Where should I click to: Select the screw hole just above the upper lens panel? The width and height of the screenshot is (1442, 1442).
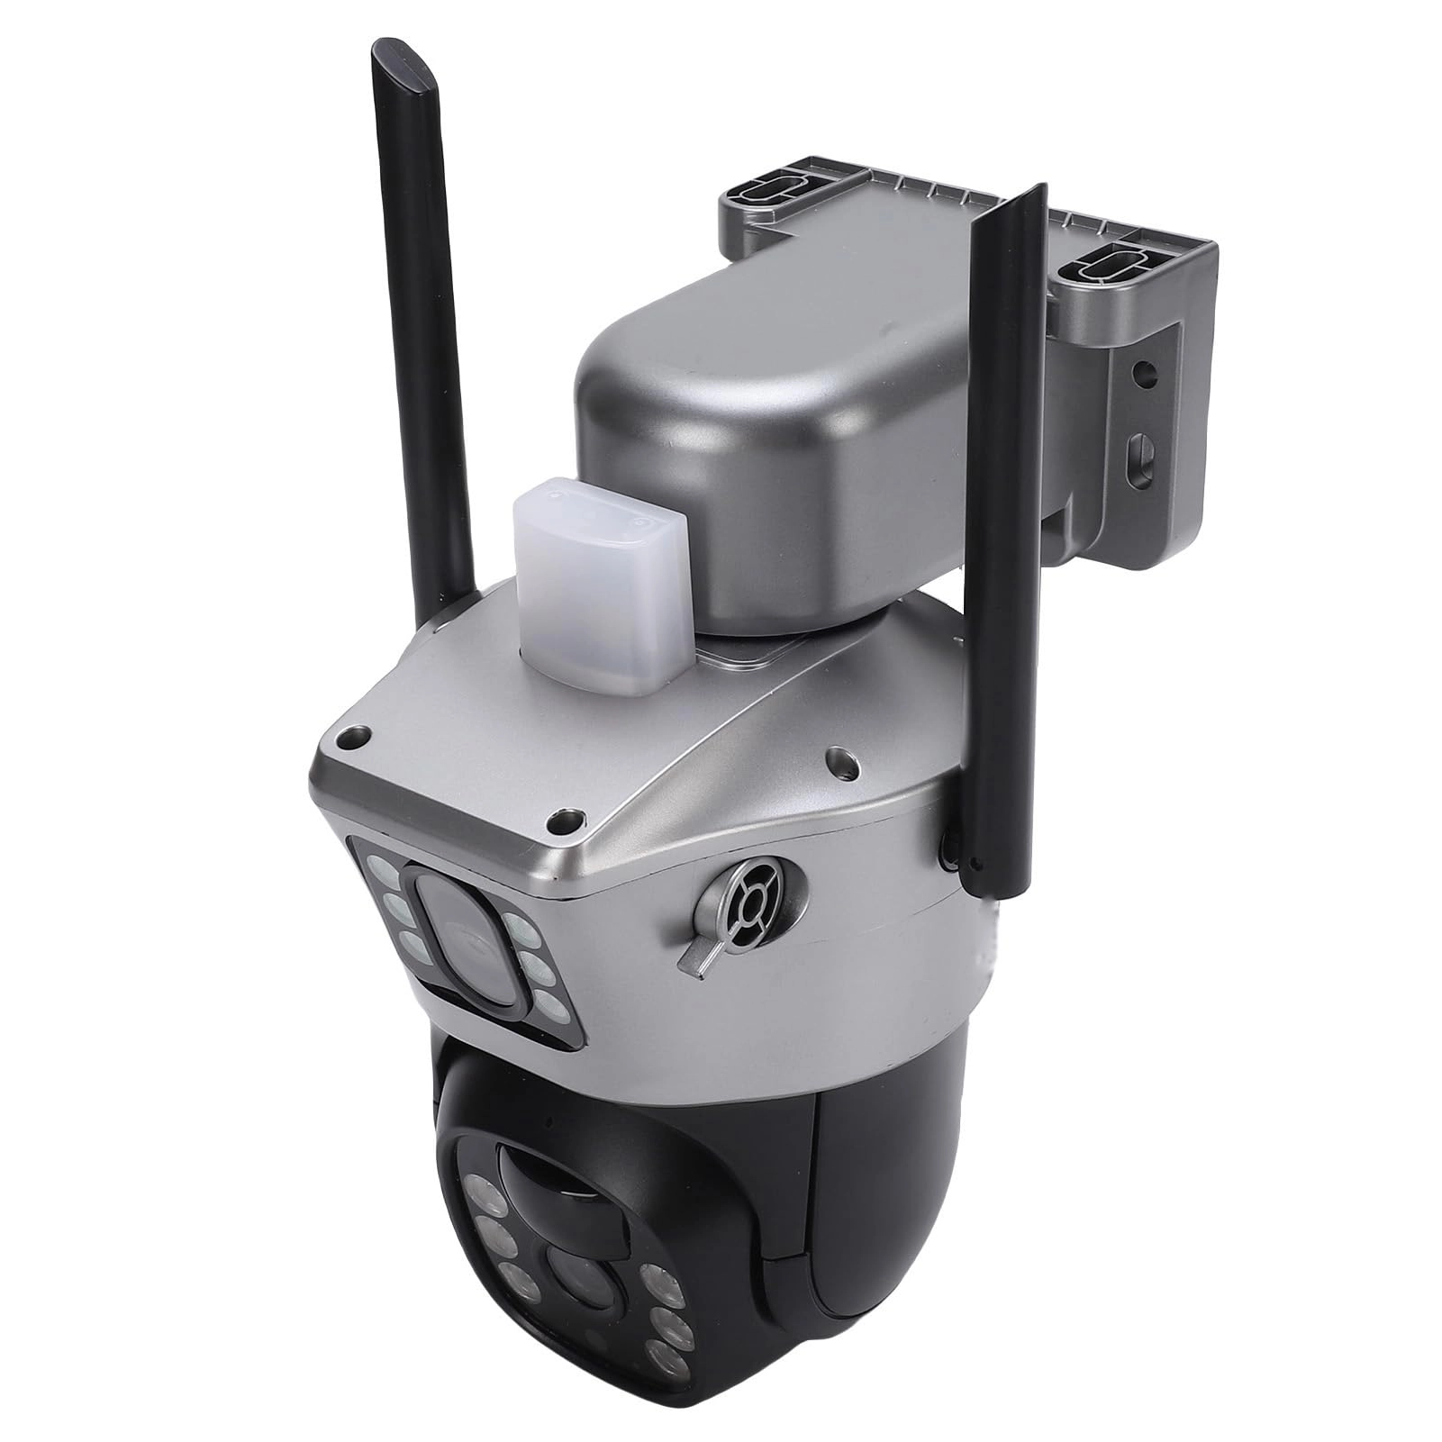coord(566,821)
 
